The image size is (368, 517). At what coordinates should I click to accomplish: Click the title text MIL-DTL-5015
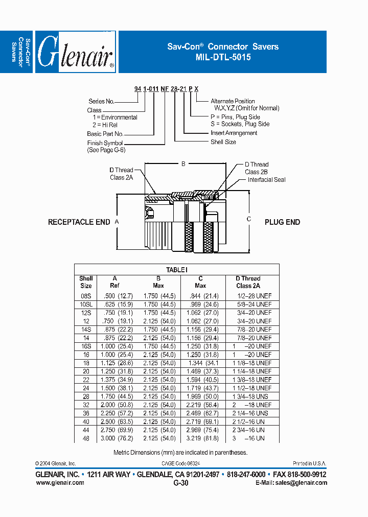click(223, 58)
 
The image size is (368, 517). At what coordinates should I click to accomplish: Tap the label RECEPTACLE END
click(79, 222)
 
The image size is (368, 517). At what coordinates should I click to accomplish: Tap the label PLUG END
click(282, 222)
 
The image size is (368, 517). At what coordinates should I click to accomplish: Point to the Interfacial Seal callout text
click(266, 180)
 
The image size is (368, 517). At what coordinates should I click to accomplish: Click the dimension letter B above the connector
click(183, 164)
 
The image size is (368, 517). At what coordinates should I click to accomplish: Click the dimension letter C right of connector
click(249, 219)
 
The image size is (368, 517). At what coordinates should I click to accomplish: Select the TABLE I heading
click(177, 270)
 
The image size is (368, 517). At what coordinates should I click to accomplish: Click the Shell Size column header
click(86, 282)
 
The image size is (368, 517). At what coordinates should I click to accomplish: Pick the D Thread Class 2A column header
click(248, 282)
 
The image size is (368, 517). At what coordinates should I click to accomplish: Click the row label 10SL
click(86, 304)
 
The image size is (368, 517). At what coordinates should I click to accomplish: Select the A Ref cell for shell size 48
click(118, 438)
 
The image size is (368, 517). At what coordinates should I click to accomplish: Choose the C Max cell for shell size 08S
click(204, 296)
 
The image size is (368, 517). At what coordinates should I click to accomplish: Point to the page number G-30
click(181, 483)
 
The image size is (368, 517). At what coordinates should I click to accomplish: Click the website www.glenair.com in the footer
click(59, 483)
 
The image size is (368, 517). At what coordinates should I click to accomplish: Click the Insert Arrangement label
click(234, 133)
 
